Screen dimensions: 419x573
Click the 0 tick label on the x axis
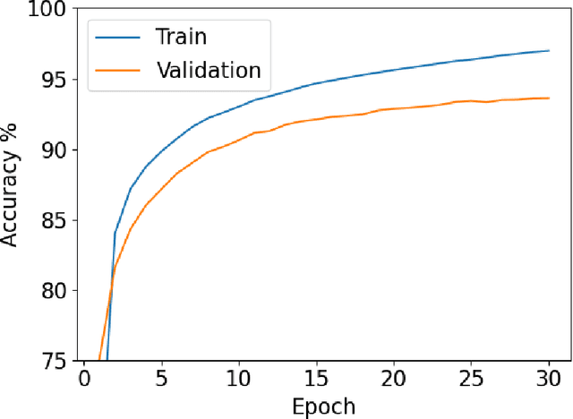pos(83,379)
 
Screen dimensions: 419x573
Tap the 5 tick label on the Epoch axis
pos(161,379)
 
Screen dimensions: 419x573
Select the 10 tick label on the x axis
pos(238,379)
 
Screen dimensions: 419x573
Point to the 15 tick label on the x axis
pos(316,379)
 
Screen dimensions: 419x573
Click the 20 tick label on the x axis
pos(393,379)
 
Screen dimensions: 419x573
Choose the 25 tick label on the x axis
pos(471,379)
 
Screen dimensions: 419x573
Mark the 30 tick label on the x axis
pos(548,379)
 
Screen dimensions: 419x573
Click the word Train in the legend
pos(182,37)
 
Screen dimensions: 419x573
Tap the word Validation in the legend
pos(209,69)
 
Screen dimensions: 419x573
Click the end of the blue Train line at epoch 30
pos(548,51)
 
